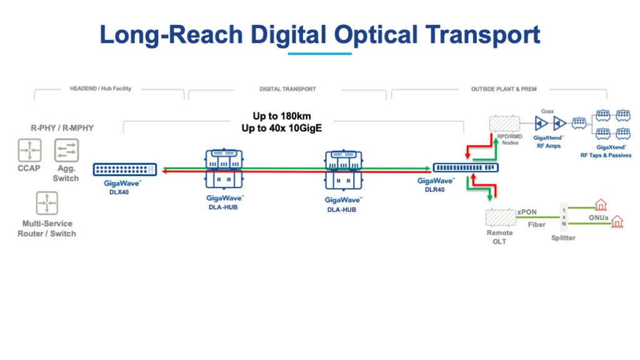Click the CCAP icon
pyautogui.click(x=30, y=150)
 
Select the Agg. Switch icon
pyautogui.click(x=66, y=150)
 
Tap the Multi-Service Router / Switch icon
pyautogui.click(x=47, y=203)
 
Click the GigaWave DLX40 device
pyautogui.click(x=125, y=169)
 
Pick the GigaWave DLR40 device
pyautogui.click(x=466, y=167)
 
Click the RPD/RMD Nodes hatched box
pyautogui.click(x=505, y=123)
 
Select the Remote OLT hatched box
pyautogui.click(x=501, y=217)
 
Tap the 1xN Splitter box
pyautogui.click(x=564, y=217)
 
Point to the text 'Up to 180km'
pyautogui.click(x=282, y=116)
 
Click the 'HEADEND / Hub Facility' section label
pyautogui.click(x=101, y=89)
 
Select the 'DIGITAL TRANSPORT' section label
pyautogui.click(x=287, y=89)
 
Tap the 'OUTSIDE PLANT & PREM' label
pyautogui.click(x=504, y=89)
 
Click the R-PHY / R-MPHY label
pyautogui.click(x=62, y=128)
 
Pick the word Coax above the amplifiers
pyautogui.click(x=547, y=111)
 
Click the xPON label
pyautogui.click(x=527, y=212)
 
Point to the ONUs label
pyautogui.click(x=598, y=218)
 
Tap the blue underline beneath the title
pyautogui.click(x=319, y=54)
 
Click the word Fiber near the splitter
pyautogui.click(x=536, y=225)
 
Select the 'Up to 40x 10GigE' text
pyautogui.click(x=282, y=128)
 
